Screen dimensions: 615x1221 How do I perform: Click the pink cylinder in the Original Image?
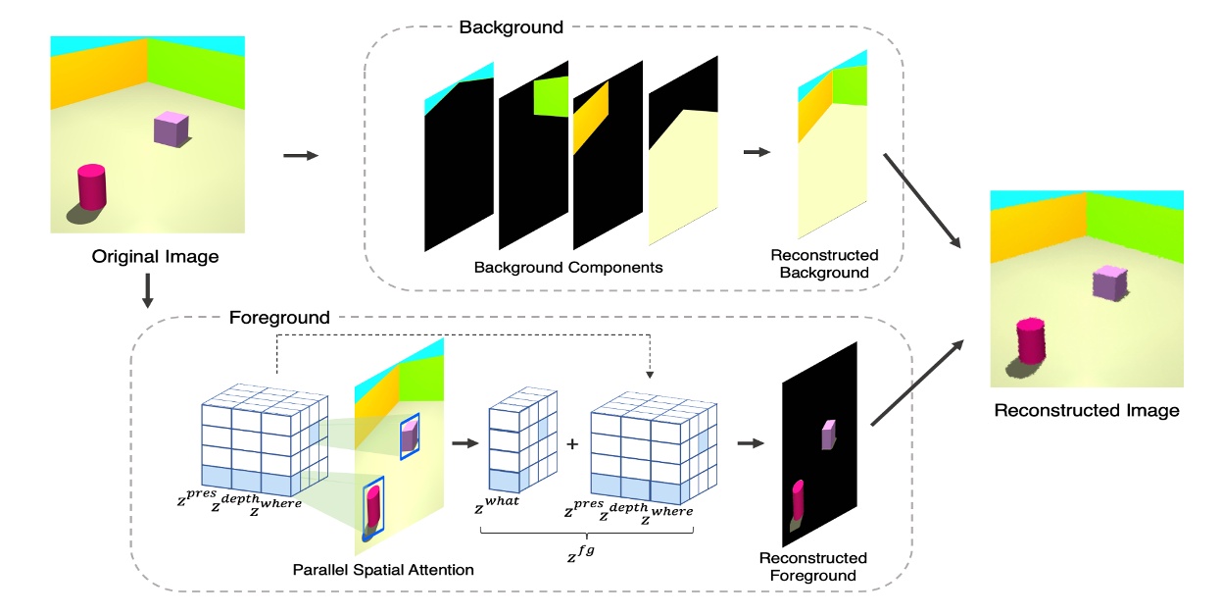[91, 187]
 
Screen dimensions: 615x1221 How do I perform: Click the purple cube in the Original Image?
[169, 129]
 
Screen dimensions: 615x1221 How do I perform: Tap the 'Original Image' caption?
[155, 257]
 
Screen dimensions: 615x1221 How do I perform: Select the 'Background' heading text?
[511, 27]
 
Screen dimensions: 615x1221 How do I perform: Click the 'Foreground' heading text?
[279, 318]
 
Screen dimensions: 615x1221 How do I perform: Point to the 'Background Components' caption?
[568, 267]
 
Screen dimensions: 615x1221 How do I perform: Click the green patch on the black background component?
[551, 96]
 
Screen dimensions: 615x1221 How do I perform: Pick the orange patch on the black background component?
[591, 116]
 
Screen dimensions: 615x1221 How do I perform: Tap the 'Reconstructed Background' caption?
[824, 264]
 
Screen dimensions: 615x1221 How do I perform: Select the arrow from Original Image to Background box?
[300, 155]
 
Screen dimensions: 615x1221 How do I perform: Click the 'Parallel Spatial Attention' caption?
[383, 569]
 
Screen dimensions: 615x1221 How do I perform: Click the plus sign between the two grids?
[572, 443]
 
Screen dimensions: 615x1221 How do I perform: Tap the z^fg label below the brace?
[584, 556]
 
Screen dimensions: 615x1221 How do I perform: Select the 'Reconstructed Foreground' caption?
[812, 566]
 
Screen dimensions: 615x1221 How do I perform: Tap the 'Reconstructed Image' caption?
[1086, 410]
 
